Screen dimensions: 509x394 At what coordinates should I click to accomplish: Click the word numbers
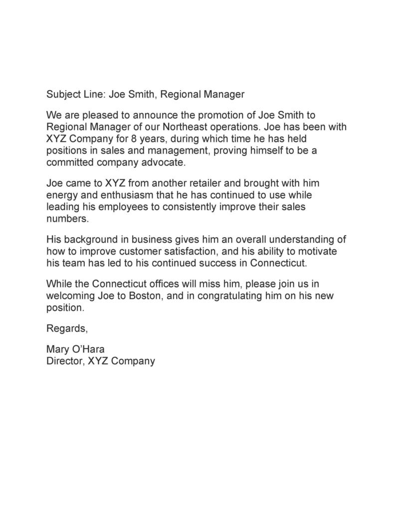[x=67, y=218]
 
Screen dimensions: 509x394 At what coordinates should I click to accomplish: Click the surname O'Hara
[x=88, y=349]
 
